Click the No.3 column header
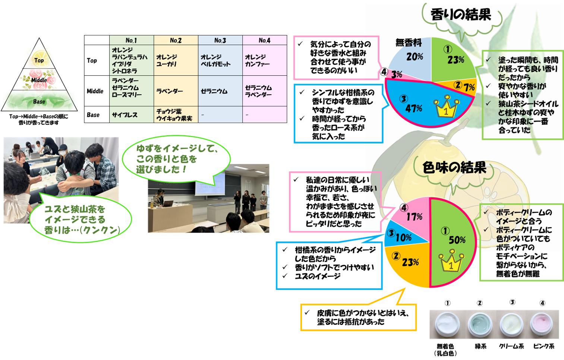click(220, 40)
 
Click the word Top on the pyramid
click(39, 60)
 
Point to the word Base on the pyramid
click(39, 101)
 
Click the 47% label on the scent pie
click(414, 108)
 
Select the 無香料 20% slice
click(412, 56)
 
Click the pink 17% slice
click(412, 216)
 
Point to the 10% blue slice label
click(403, 237)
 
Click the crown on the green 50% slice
click(451, 262)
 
